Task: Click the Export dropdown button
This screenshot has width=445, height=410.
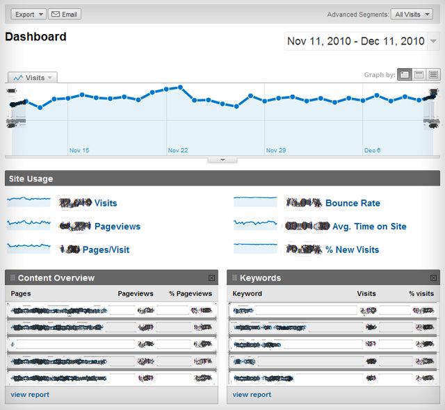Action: [x=29, y=14]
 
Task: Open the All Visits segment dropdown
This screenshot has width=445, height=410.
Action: [x=412, y=14]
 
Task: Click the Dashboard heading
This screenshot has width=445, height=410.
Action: [x=36, y=37]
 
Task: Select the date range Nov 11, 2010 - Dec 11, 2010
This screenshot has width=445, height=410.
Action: [x=355, y=42]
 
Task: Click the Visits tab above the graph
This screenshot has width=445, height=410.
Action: [x=32, y=78]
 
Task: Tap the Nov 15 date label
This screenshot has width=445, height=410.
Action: [x=79, y=150]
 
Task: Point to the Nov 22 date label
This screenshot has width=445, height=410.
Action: [x=178, y=150]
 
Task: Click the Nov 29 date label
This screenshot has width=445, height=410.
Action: [x=276, y=150]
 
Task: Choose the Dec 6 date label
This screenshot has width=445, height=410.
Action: [x=373, y=150]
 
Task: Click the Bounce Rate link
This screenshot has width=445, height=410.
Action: [x=353, y=203]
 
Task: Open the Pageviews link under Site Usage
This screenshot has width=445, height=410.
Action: [x=117, y=227]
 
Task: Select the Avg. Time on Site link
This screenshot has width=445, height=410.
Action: [x=369, y=227]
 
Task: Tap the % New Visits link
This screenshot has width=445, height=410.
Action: [x=352, y=249]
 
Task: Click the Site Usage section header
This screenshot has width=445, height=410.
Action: [x=31, y=179]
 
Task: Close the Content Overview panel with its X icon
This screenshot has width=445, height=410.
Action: [x=211, y=278]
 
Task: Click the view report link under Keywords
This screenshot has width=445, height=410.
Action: [x=252, y=395]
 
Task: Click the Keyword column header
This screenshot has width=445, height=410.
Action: [x=248, y=294]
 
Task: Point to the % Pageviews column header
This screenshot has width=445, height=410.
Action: [x=191, y=294]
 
